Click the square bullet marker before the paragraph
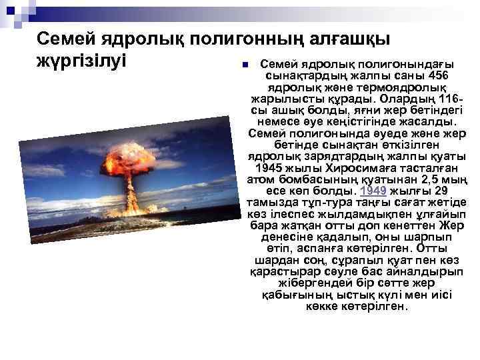(x=245, y=65)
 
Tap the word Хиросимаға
(x=351, y=168)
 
